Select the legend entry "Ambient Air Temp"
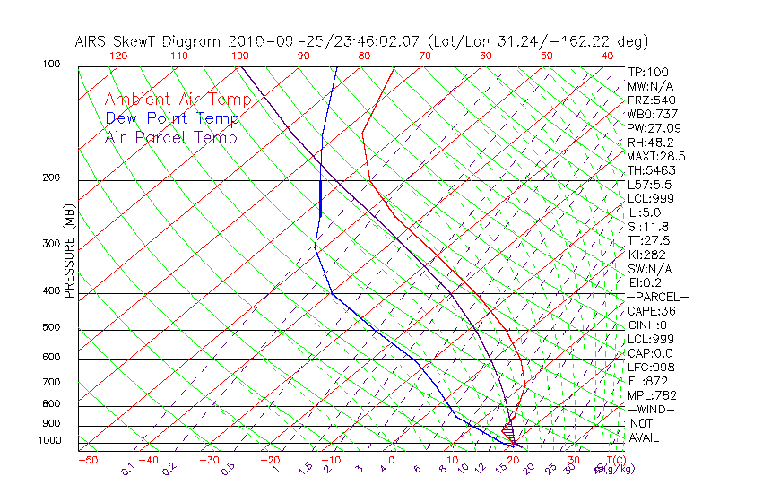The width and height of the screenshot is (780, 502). [170, 100]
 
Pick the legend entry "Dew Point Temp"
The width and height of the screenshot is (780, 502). [172, 118]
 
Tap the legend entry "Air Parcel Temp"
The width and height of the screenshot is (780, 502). [170, 137]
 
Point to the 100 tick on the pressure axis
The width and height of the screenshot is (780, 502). [51, 65]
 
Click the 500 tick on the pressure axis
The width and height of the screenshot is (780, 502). [51, 328]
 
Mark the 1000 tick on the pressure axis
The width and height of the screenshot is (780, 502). [50, 441]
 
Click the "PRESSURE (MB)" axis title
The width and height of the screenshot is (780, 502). [69, 255]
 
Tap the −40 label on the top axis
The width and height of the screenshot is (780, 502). [604, 56]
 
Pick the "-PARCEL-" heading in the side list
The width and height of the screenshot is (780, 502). [657, 297]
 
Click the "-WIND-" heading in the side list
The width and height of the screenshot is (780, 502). [651, 409]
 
